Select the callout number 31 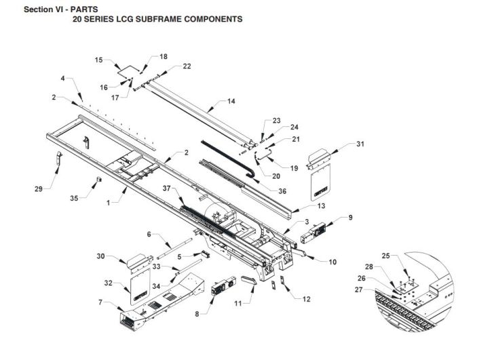360,144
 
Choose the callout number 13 303,205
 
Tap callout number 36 282,191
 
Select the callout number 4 62,79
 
